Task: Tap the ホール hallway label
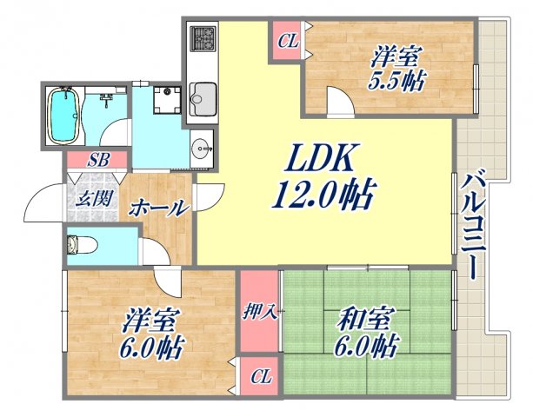tap(158, 208)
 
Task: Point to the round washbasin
tap(202, 146)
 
